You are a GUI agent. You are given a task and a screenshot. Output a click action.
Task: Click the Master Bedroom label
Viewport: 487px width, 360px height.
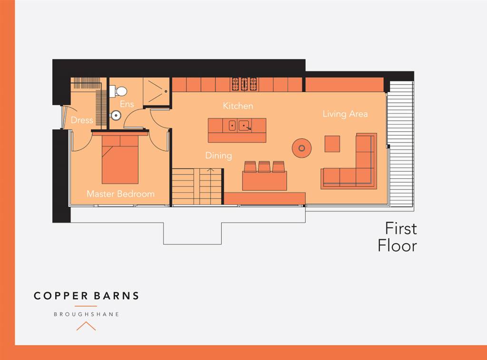point(120,194)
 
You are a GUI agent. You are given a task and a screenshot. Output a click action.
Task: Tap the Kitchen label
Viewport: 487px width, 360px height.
point(238,106)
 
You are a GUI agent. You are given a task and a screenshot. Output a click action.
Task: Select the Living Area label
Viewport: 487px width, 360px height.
point(345,114)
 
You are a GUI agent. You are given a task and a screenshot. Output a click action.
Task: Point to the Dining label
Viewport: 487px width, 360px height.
point(218,156)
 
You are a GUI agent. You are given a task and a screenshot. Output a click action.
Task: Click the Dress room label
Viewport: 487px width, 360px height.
point(82,120)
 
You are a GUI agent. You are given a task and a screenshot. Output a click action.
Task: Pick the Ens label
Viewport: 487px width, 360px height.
point(127,104)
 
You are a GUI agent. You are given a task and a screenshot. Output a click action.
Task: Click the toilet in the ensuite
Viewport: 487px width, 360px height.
point(119,90)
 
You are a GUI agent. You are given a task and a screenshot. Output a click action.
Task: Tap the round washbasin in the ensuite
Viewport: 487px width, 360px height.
point(115,115)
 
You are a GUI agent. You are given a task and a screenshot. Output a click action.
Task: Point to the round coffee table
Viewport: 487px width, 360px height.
point(302,148)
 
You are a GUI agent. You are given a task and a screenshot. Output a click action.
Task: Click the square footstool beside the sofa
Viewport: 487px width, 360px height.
point(332,144)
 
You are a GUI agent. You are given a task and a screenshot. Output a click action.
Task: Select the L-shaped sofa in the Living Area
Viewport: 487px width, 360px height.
point(354,169)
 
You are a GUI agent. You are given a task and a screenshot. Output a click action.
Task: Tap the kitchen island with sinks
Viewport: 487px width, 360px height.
point(237,130)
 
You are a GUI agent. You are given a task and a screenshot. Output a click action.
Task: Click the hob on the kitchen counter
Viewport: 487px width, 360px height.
point(244,84)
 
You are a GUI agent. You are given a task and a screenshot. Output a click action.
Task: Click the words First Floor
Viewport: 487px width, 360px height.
point(398,237)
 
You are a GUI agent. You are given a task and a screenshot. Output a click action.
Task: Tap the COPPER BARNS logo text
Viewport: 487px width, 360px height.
point(86,296)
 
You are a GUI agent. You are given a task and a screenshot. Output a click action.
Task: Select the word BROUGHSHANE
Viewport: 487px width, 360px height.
point(86,314)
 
